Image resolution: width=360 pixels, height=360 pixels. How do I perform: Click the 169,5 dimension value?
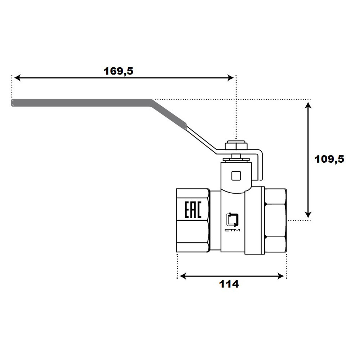click(118, 71)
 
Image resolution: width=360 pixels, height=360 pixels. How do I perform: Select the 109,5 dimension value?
click(329, 159)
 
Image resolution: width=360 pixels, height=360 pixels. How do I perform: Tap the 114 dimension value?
click(229, 284)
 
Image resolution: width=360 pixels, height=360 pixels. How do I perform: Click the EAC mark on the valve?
click(193, 210)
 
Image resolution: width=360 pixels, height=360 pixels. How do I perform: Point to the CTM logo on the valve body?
click(232, 222)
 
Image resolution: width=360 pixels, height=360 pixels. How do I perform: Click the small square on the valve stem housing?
click(236, 176)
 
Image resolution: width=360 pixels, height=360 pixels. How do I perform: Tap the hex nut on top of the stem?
click(236, 146)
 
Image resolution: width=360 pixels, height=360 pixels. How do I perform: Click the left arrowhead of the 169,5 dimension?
click(17, 78)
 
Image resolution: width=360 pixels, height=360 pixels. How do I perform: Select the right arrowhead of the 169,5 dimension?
click(230, 78)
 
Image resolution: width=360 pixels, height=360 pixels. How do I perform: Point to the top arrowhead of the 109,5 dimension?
click(308, 105)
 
